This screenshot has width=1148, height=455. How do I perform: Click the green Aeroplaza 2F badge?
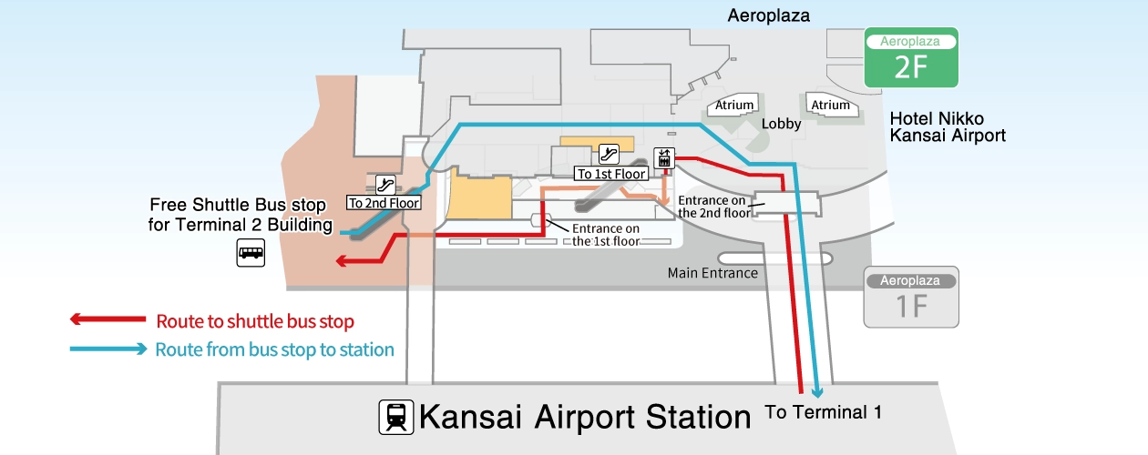click(x=910, y=58)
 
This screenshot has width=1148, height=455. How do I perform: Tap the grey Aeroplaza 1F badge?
click(x=911, y=298)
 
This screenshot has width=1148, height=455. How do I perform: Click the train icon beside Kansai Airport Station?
click(x=395, y=417)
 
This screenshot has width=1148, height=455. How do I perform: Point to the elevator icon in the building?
click(x=663, y=158)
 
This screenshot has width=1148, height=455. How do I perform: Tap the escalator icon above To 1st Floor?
click(x=610, y=155)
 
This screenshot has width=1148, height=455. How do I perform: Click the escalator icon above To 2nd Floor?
click(x=384, y=185)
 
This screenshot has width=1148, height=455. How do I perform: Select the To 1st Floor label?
click(x=610, y=173)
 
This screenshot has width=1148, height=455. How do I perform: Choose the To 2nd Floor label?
click(x=384, y=203)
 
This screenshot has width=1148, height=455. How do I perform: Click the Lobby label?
click(x=781, y=125)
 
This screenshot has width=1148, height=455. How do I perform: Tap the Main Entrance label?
click(x=712, y=273)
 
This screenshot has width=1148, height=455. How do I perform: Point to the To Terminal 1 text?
click(x=823, y=411)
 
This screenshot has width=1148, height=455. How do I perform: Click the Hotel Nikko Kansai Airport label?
click(x=948, y=127)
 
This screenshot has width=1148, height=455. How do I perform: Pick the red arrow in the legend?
click(x=108, y=319)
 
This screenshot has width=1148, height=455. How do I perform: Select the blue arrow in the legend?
click(x=108, y=349)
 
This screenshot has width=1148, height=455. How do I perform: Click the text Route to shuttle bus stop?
click(x=255, y=321)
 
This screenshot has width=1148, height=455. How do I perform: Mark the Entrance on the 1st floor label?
click(x=606, y=235)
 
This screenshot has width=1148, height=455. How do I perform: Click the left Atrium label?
click(x=734, y=106)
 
